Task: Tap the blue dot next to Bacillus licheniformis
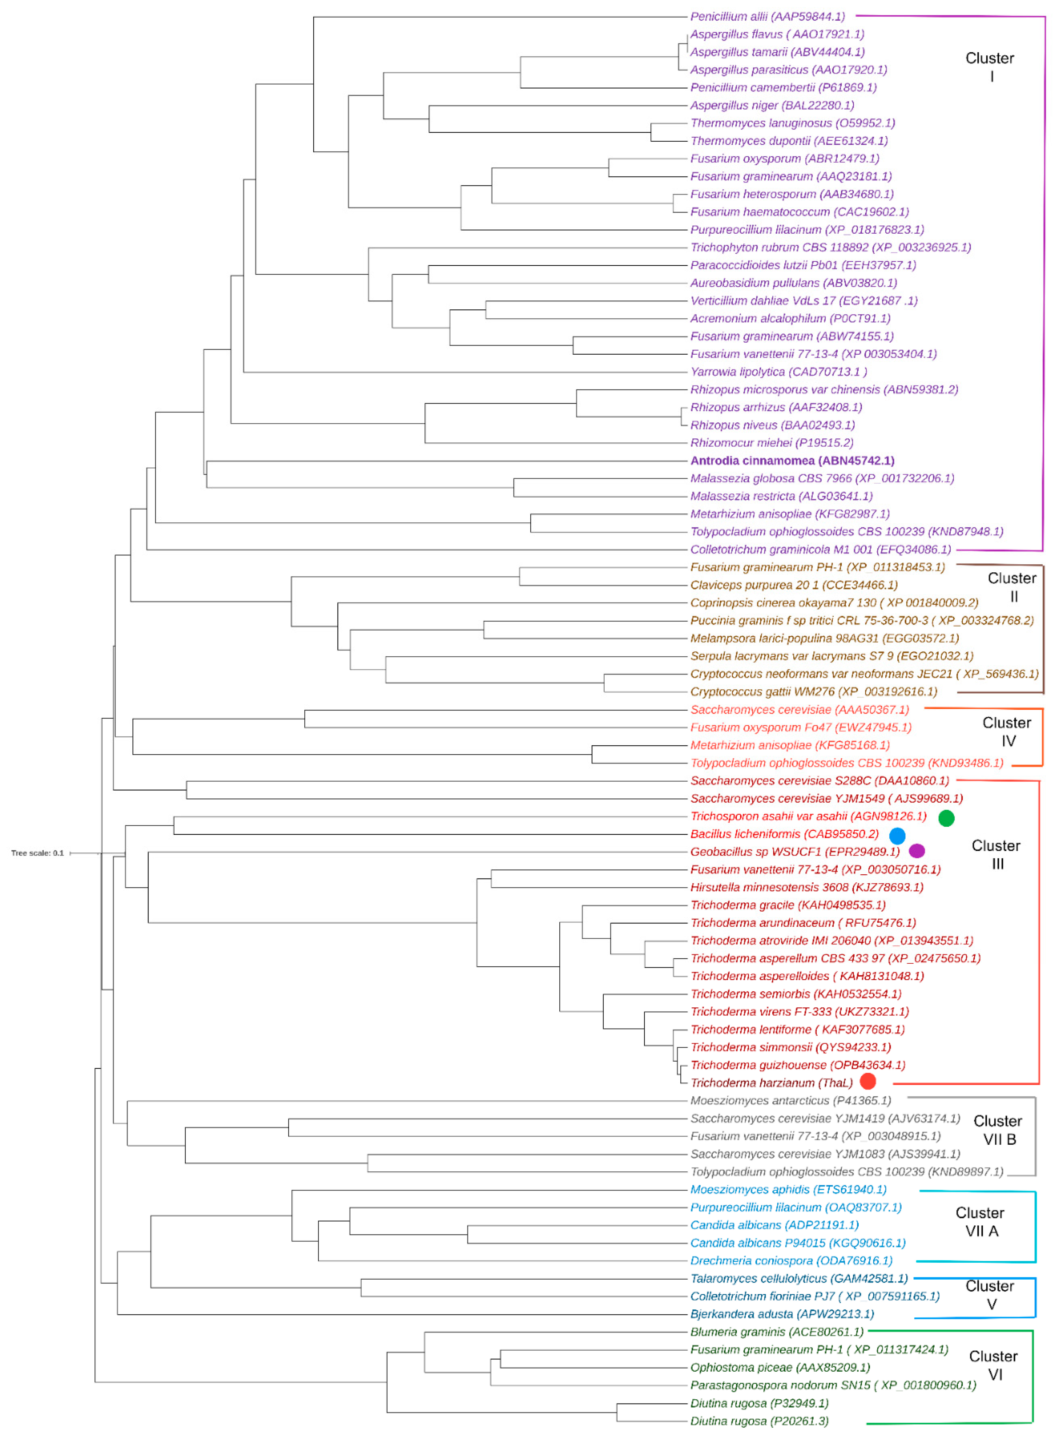point(897,835)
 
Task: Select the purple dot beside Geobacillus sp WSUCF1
point(917,851)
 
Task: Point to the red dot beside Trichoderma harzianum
point(867,1081)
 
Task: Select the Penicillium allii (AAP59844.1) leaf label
point(767,17)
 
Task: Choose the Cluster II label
point(1012,587)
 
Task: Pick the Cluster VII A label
point(980,1221)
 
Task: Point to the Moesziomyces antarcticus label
point(790,1100)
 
